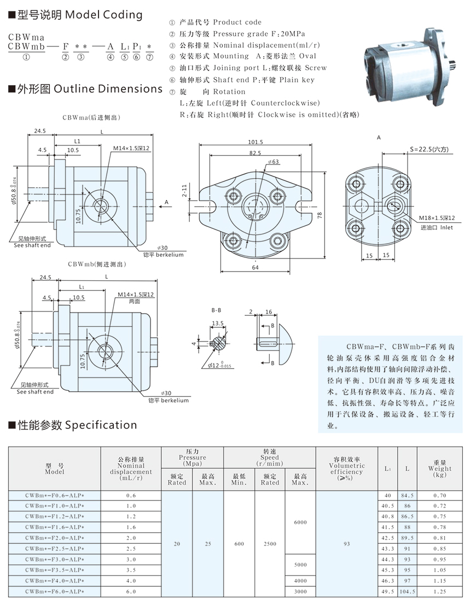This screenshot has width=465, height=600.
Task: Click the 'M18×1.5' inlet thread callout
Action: click(x=437, y=217)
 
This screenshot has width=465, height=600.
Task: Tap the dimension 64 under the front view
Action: click(x=255, y=268)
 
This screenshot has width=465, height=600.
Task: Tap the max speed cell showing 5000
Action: click(x=300, y=564)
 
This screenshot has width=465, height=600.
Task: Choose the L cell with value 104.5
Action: click(x=407, y=591)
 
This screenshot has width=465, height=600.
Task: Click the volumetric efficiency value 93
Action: click(x=347, y=544)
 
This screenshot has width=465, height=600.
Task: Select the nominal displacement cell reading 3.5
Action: click(x=131, y=569)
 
